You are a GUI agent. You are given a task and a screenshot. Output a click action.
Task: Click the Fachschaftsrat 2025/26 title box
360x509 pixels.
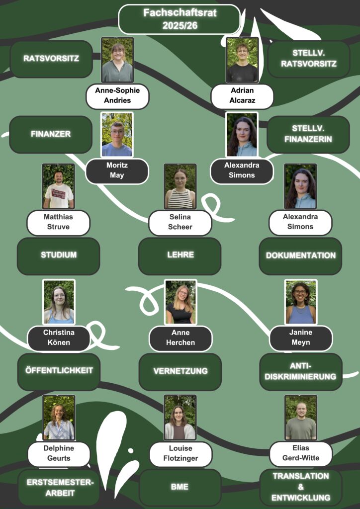pyautogui.click(x=180, y=19)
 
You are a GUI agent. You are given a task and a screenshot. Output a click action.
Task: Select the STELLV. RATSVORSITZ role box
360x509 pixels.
pyautogui.click(x=308, y=59)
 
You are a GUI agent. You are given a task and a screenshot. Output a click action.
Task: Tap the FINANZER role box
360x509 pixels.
pyautogui.click(x=51, y=134)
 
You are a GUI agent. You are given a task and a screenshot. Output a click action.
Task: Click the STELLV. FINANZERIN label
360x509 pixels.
pyautogui.click(x=308, y=134)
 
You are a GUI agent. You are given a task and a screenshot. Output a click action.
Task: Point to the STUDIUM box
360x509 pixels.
pyautogui.click(x=59, y=255)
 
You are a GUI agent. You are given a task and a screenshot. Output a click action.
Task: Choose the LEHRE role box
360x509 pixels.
pyautogui.click(x=180, y=255)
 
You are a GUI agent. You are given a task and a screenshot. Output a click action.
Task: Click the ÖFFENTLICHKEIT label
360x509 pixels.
pyautogui.click(x=59, y=371)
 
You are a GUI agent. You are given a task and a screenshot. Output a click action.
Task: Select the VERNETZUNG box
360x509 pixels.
pyautogui.click(x=180, y=371)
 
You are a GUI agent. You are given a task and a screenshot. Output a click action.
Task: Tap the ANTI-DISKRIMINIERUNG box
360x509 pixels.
pyautogui.click(x=300, y=371)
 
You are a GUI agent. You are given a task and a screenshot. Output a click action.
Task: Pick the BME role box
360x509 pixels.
pyautogui.click(x=180, y=487)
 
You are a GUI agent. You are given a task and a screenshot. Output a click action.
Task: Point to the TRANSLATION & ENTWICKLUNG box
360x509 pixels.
pyautogui.click(x=300, y=487)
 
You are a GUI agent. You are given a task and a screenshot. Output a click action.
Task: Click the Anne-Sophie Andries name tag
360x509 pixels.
pyautogui.click(x=117, y=96)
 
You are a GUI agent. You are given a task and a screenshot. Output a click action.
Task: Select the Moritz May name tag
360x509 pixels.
pyautogui.click(x=117, y=171)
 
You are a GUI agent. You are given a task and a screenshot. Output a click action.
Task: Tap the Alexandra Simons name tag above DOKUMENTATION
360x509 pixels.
pyautogui.click(x=300, y=222)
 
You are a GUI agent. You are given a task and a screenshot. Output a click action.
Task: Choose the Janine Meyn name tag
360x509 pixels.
pyautogui.click(x=300, y=338)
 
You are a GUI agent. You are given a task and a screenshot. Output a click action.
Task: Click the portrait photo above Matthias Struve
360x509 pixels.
pyautogui.click(x=58, y=186)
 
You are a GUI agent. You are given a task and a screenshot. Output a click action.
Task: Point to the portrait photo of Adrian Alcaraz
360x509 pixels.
pyautogui.click(x=242, y=60)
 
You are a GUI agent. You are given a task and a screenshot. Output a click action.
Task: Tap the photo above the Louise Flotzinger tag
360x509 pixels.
pyautogui.click(x=180, y=418)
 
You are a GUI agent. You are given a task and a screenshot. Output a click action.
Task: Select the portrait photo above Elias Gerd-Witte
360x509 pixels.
pyautogui.click(x=300, y=418)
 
